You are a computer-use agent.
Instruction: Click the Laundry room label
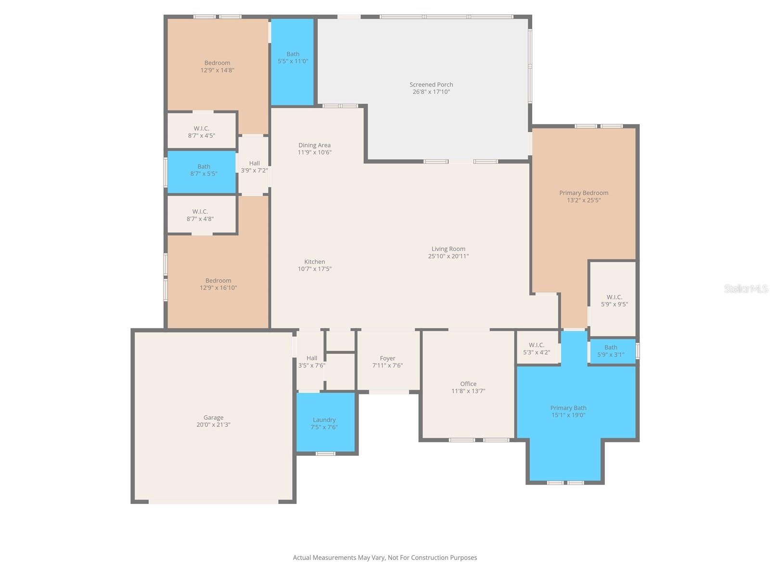pos(324,420)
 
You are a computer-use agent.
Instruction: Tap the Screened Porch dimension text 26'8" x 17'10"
pos(431,92)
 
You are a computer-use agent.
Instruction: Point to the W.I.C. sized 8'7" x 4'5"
pos(201,132)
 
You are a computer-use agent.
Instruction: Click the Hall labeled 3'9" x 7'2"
pos(254,167)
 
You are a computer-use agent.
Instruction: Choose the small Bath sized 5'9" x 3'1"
pos(611,351)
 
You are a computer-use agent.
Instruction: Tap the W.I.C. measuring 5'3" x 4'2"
pos(536,349)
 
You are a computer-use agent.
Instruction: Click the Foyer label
pos(387,358)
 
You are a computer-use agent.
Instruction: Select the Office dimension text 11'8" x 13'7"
pos(468,391)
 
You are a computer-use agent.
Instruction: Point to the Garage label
pos(213,417)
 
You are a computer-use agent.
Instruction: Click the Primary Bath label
pos(568,408)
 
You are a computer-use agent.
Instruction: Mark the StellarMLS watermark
pos(745,288)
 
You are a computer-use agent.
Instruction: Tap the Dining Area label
pos(314,145)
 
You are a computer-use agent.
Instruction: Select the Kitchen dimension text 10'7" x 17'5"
pos(314,269)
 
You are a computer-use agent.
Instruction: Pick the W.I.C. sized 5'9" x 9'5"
pos(614,301)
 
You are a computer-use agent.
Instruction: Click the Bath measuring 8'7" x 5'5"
pos(204,170)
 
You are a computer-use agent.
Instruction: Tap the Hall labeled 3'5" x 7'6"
pos(312,362)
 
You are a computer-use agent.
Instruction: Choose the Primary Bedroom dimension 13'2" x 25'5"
pos(583,201)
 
